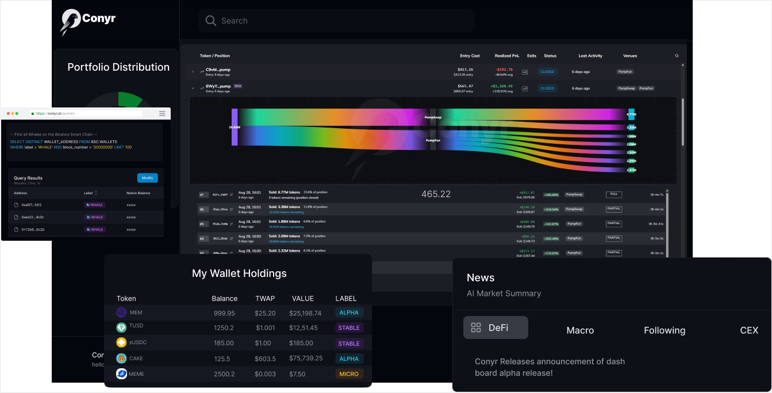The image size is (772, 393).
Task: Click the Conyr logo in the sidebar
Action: coord(88,21)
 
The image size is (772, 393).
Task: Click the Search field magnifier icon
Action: coord(211,21)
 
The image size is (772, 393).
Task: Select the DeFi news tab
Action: coord(496,327)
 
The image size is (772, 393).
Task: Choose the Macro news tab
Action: coord(580,330)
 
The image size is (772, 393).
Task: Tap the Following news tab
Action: coord(664,330)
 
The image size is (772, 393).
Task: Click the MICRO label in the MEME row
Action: coord(349,374)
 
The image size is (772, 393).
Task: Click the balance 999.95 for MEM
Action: coord(224,313)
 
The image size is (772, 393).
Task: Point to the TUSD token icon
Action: coord(121,327)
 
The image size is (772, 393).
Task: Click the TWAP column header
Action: coord(265,298)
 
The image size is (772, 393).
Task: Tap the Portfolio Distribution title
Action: coord(118,67)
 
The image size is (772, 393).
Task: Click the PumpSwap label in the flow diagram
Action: coord(433,117)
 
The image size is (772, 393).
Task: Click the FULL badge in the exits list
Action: coord(613,195)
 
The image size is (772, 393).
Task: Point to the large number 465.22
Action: coord(436,194)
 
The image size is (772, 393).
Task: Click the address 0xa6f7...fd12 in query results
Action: coord(31,205)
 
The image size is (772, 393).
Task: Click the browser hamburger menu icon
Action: coord(162,113)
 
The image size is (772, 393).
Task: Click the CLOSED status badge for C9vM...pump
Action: coord(547,72)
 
